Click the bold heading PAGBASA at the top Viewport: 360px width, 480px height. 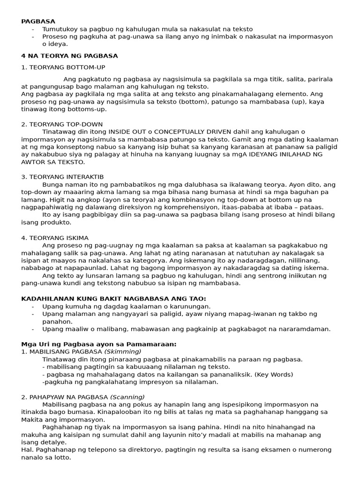38,21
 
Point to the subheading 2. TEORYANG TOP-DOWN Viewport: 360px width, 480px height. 56,124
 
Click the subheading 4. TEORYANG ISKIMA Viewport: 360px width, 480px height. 55,238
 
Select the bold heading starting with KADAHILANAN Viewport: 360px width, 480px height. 114,299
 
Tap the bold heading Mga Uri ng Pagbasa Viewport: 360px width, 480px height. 99,344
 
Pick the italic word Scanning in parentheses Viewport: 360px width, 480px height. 127,397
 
